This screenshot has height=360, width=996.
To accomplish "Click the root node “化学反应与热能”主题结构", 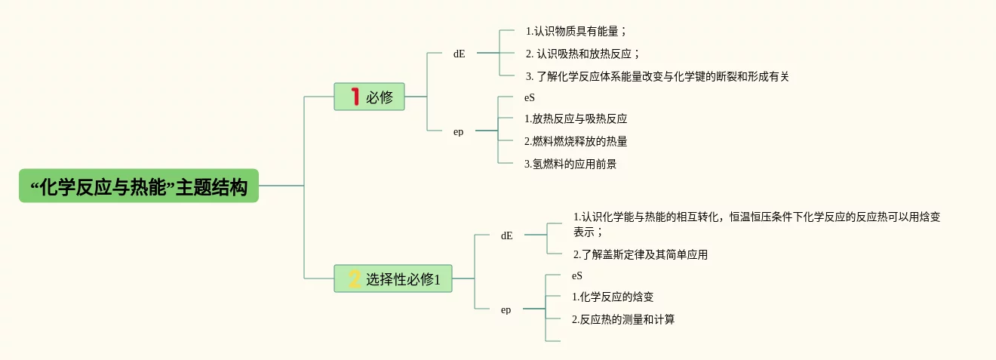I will pyautogui.click(x=139, y=186).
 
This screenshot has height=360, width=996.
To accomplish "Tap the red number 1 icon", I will pyautogui.click(x=355, y=97).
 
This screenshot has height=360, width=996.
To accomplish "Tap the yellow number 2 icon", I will pyautogui.click(x=355, y=279).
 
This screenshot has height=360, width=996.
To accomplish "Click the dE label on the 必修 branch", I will pyautogui.click(x=459, y=54).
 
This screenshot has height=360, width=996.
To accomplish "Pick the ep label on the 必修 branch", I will pyautogui.click(x=458, y=131).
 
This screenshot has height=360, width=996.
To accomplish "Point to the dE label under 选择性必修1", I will pyautogui.click(x=506, y=235).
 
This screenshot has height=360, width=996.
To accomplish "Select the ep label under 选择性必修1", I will pyautogui.click(x=506, y=309).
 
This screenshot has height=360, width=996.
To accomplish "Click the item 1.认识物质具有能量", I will pyautogui.click(x=576, y=32).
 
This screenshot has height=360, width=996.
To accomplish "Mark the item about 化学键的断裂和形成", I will pyautogui.click(x=657, y=76).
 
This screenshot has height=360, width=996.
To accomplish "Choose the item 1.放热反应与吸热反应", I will pyautogui.click(x=576, y=118).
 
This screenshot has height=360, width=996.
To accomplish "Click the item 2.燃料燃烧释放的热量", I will pyautogui.click(x=576, y=141).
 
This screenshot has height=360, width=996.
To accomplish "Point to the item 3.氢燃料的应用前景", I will pyautogui.click(x=570, y=164).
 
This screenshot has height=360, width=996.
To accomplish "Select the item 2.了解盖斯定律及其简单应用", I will pyautogui.click(x=641, y=254).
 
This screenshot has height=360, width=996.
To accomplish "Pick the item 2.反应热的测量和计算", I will pyautogui.click(x=623, y=319).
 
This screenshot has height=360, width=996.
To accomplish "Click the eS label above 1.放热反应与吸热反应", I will pyautogui.click(x=530, y=97).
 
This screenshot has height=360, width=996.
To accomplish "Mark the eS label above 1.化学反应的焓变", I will pyautogui.click(x=577, y=275).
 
